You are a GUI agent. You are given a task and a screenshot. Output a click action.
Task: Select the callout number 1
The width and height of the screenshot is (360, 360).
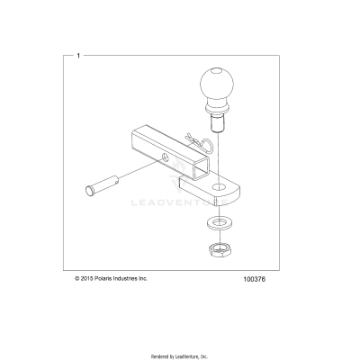(80, 57)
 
